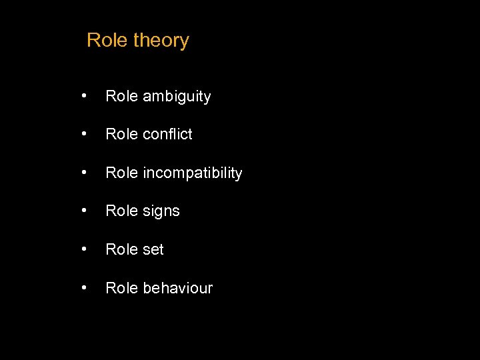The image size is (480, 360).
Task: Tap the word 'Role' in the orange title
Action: pos(107,40)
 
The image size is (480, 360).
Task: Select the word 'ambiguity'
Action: pos(176,97)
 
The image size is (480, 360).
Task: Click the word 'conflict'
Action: pos(167,135)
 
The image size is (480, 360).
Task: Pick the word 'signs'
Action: pos(161,212)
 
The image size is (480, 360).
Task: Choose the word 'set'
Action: pos(153,250)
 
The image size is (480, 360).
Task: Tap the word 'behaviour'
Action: pos(177,288)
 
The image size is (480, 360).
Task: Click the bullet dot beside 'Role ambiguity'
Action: pos(83,96)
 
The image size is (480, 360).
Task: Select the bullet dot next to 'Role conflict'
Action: pos(83,134)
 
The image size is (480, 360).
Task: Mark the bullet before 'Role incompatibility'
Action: pos(83,173)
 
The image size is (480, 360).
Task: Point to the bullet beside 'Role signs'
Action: pos(83,211)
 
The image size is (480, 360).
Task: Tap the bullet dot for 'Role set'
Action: pos(83,249)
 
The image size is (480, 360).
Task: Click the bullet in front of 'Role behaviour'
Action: pos(83,287)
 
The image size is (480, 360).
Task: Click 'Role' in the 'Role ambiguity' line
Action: pos(121,97)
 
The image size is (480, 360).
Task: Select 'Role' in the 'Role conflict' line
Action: pos(121,135)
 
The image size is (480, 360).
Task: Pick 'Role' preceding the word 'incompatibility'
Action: pos(121,173)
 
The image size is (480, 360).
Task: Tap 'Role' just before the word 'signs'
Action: pos(121,211)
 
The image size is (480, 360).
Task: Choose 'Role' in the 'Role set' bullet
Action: pos(121,250)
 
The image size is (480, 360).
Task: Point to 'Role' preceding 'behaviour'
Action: pos(121,288)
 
